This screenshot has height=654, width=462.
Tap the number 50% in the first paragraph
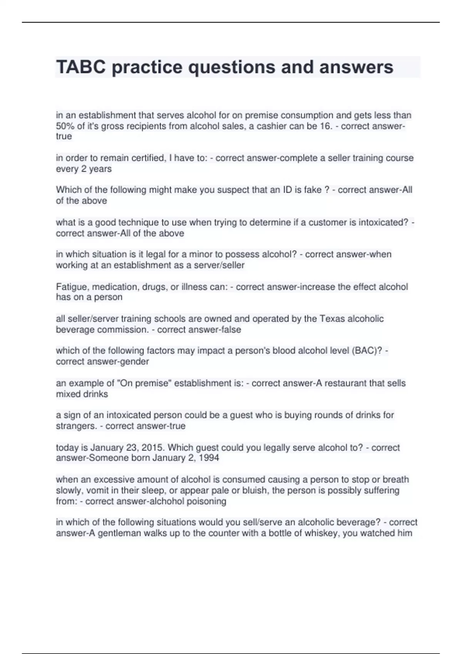tap(65, 126)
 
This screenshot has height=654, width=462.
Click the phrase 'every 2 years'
tap(84, 169)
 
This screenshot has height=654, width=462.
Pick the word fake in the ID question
tap(311, 190)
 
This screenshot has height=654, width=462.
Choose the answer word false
tap(230, 330)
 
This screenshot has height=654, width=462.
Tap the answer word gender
tap(135, 361)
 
